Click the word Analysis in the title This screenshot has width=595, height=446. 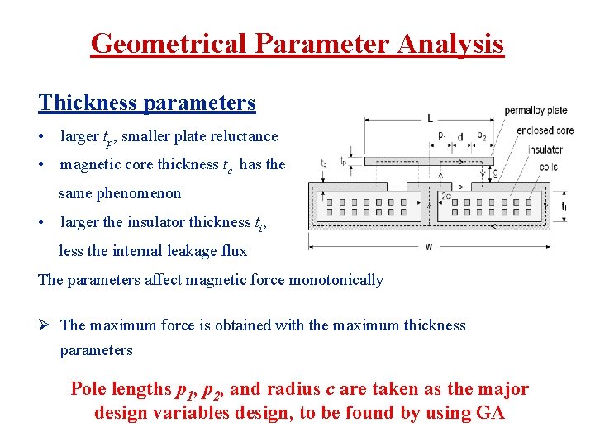click(x=450, y=43)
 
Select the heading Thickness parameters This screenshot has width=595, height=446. click(x=147, y=103)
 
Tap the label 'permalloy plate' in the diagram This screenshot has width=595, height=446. click(x=535, y=110)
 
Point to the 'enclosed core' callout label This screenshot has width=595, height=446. click(x=545, y=130)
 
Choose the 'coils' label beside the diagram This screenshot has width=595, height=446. click(x=546, y=167)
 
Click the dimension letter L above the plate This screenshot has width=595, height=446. click(x=430, y=117)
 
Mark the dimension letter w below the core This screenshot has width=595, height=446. click(x=428, y=247)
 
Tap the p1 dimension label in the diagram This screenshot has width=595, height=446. click(x=442, y=136)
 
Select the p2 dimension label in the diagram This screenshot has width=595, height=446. click(x=481, y=136)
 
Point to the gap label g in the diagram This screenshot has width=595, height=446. click(x=494, y=173)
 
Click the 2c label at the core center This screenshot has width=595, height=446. click(x=445, y=196)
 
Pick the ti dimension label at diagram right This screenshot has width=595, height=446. click(x=564, y=205)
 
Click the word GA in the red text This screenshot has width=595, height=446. click(x=491, y=413)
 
